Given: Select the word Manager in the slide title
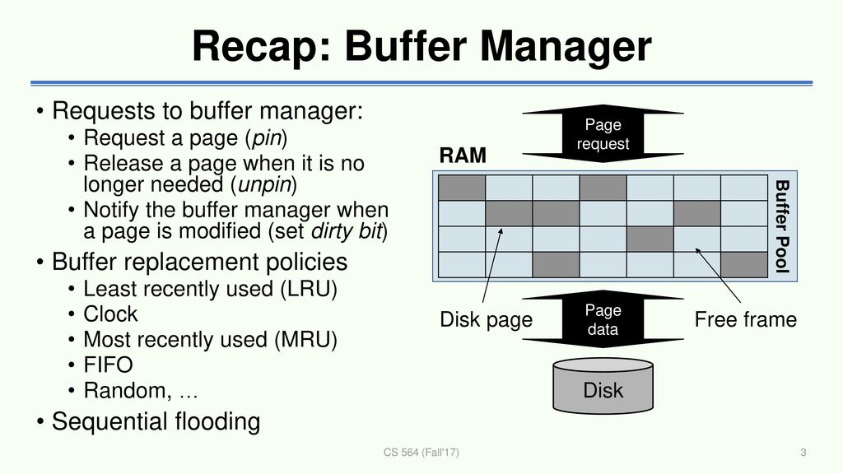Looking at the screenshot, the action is tap(566, 47).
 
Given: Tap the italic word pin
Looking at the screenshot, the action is tap(267, 138).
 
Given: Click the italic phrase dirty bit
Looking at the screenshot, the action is tap(346, 231).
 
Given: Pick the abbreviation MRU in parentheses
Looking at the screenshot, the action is tap(305, 340).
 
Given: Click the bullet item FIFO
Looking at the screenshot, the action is tap(108, 365).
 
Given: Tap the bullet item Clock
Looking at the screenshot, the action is tap(110, 314).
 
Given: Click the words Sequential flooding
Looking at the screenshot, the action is tap(156, 422).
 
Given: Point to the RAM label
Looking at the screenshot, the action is tap(463, 156).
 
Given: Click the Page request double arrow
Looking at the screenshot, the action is tap(603, 134).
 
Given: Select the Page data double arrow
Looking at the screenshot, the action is tap(603, 319).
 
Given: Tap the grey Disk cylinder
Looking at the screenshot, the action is tap(603, 386).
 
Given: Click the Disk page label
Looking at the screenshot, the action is tap(486, 320).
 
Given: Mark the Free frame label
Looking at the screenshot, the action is tap(746, 320).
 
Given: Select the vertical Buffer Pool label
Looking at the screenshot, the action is tap(782, 226).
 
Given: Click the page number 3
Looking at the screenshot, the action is tap(803, 453).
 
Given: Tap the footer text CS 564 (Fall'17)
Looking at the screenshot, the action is tap(421, 453).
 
